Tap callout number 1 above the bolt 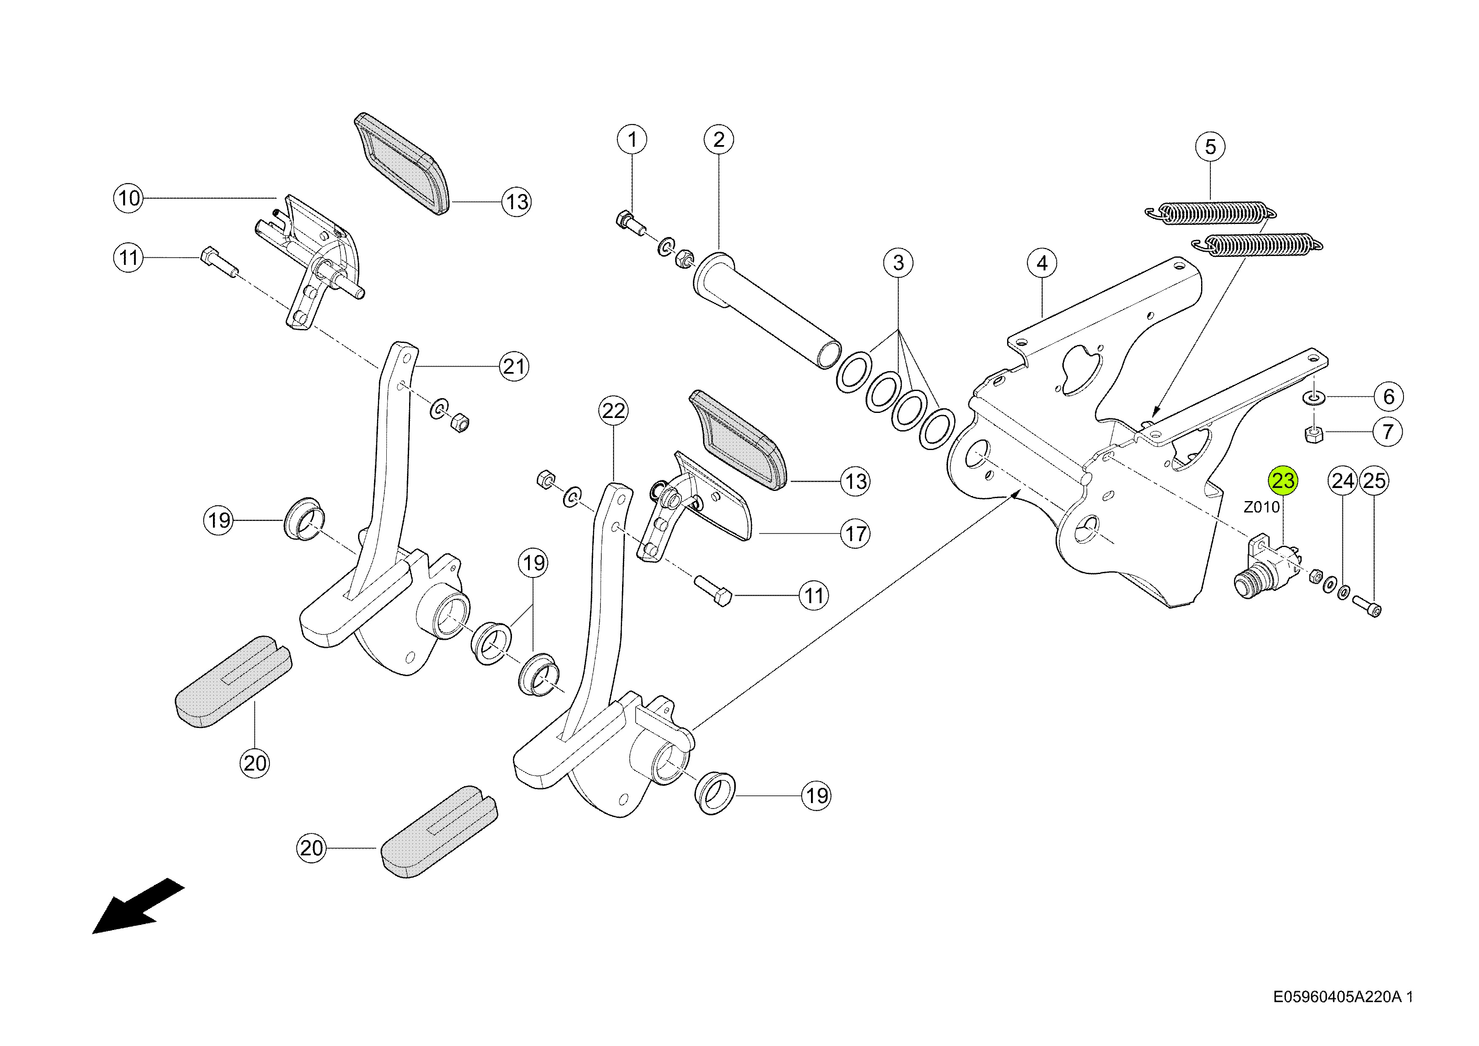click(x=632, y=139)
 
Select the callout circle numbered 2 click(x=719, y=139)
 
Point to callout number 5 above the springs click(x=1210, y=147)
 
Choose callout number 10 click(x=129, y=198)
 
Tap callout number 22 click(x=613, y=410)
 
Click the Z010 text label click(x=1261, y=507)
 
